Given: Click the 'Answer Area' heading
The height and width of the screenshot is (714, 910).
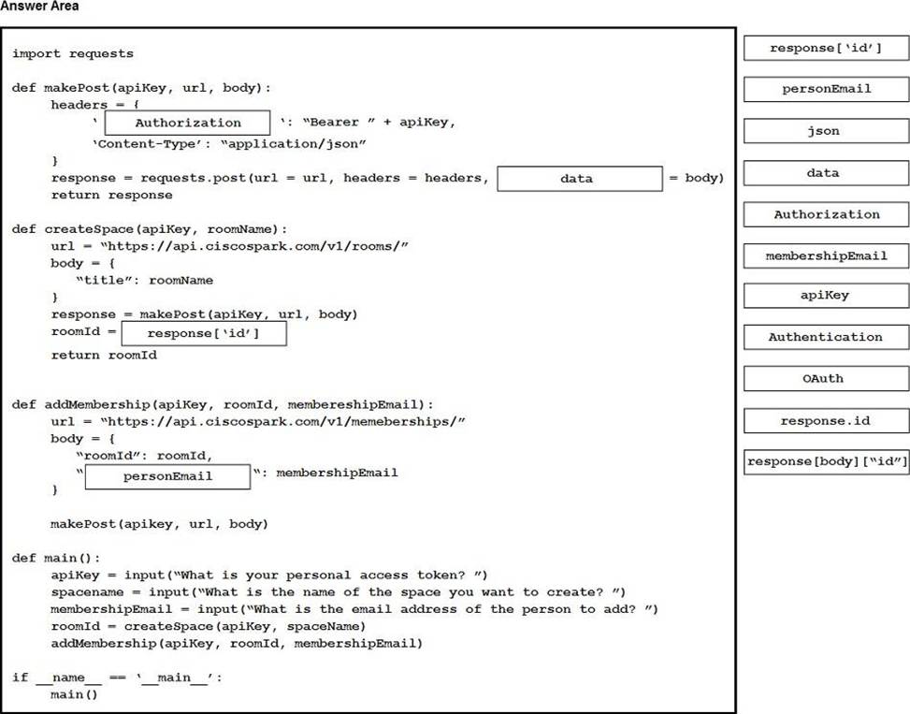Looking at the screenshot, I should (x=39, y=7).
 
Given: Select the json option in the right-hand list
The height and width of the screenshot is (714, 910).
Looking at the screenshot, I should (x=826, y=131).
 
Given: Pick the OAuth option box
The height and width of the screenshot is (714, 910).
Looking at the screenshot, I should (x=826, y=378).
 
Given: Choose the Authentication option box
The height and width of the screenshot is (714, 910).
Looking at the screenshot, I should (x=826, y=337).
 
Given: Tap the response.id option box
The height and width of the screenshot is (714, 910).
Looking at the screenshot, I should (x=826, y=420).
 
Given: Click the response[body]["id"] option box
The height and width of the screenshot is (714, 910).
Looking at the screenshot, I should (x=826, y=461).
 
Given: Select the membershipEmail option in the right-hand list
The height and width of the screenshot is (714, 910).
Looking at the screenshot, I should (x=826, y=255).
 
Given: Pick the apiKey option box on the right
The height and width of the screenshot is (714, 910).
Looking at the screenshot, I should (x=826, y=296).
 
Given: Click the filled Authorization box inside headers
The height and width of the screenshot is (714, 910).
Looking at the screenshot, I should (x=188, y=123).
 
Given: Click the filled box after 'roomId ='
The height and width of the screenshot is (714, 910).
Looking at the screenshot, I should (x=203, y=334).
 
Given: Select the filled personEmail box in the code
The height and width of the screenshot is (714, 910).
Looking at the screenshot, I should (x=168, y=475).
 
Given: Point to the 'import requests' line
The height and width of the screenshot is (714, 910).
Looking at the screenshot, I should (x=73, y=53).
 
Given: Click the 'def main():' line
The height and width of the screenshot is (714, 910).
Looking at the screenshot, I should (x=56, y=558).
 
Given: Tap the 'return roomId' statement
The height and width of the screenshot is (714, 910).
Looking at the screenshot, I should (x=104, y=356).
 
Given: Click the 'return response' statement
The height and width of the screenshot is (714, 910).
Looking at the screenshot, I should (x=112, y=195).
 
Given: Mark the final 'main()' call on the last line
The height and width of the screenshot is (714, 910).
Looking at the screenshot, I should (x=74, y=694).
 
